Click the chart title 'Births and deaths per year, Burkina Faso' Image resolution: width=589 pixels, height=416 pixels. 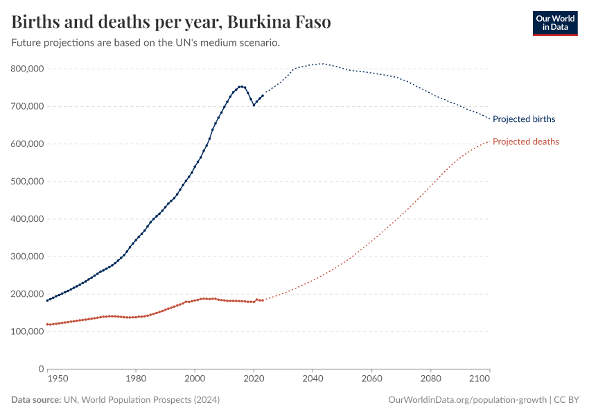click(171, 22)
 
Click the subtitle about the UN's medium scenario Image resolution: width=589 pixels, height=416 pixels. click(146, 43)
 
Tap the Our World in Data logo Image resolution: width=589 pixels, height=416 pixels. click(554, 23)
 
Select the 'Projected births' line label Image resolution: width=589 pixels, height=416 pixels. click(523, 119)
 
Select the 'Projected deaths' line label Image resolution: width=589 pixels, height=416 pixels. click(525, 141)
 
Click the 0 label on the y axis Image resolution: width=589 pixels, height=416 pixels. click(42, 369)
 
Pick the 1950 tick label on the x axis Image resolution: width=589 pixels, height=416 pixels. click(58, 379)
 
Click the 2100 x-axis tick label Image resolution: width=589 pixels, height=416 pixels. click(480, 379)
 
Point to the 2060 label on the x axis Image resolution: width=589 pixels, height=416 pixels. click(372, 379)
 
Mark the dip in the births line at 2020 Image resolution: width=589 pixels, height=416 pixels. click(254, 105)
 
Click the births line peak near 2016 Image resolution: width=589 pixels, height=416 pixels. click(241, 87)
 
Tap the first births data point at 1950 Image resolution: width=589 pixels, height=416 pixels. click(47, 300)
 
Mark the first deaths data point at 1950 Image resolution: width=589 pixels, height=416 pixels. click(47, 324)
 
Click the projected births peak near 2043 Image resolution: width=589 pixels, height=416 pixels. click(322, 64)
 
